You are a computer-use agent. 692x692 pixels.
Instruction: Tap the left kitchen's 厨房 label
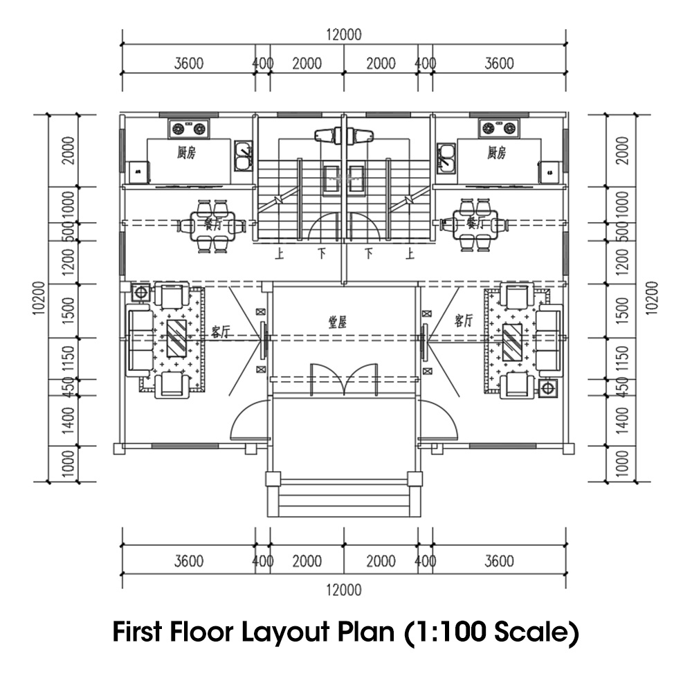pyautogui.click(x=186, y=153)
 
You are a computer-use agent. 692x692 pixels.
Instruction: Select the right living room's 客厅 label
pyautogui.click(x=464, y=320)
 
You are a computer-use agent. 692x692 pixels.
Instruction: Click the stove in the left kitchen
pyautogui.click(x=189, y=128)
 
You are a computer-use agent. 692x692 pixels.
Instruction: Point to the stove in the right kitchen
pyautogui.click(x=500, y=127)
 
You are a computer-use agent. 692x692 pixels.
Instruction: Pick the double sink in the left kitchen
pyautogui.click(x=242, y=156)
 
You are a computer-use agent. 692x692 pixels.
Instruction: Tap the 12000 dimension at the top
pyautogui.click(x=344, y=35)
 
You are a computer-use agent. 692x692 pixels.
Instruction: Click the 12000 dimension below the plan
pyautogui.click(x=344, y=590)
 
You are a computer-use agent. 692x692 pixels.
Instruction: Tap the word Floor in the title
pyautogui.click(x=199, y=632)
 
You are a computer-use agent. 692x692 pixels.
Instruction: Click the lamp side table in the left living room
pyautogui.click(x=141, y=292)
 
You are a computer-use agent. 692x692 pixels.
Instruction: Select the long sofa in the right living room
pyautogui.click(x=549, y=340)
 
